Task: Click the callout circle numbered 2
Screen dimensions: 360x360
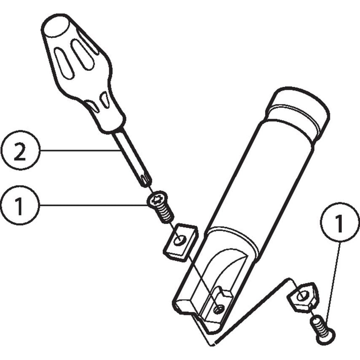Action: tap(20, 150)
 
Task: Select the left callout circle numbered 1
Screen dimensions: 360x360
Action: tap(20, 205)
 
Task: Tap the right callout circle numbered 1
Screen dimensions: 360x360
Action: tap(340, 222)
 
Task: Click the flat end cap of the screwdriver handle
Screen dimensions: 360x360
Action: tap(56, 25)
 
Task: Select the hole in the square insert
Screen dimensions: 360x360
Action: tap(179, 240)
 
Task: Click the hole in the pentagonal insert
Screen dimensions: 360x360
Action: tap(301, 297)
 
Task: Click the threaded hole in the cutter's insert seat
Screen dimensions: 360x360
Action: tap(218, 310)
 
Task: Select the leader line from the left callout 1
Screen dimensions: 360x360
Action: tap(94, 205)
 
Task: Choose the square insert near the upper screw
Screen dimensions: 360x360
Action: tap(180, 243)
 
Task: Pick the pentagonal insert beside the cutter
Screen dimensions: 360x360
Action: tap(303, 298)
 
